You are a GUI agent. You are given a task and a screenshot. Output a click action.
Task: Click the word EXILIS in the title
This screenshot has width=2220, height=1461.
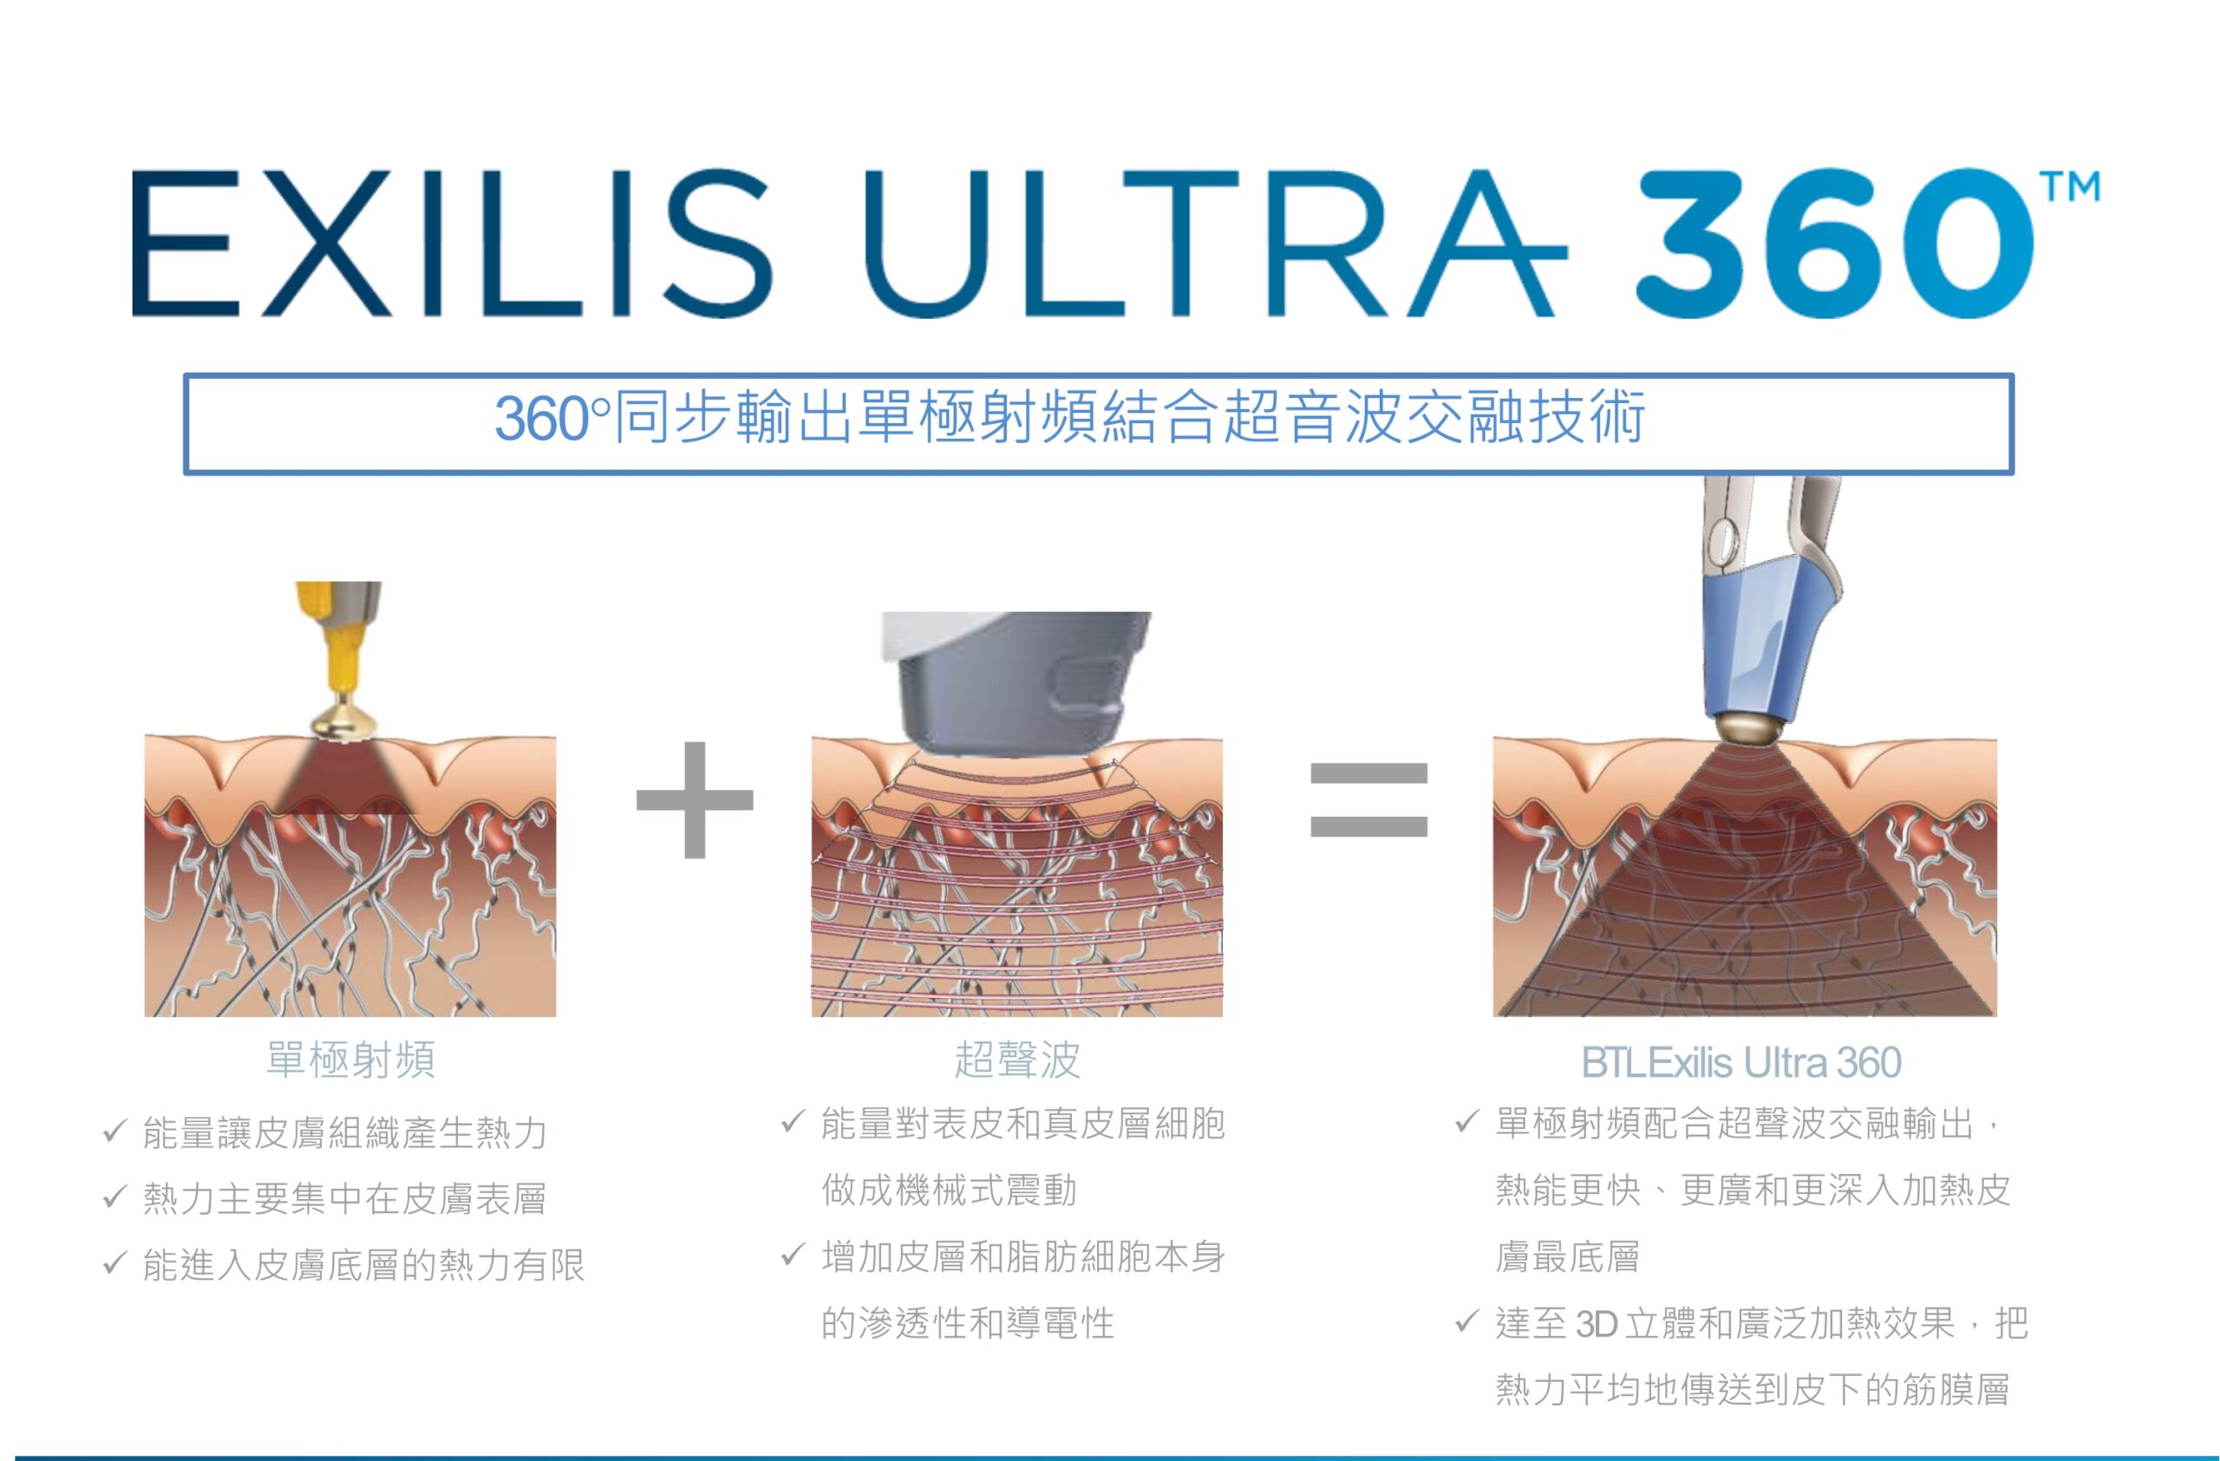point(453,245)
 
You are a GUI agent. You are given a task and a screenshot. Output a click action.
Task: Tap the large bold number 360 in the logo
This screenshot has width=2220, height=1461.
point(1834,245)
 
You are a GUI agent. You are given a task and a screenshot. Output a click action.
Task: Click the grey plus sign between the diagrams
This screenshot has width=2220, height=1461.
point(695,799)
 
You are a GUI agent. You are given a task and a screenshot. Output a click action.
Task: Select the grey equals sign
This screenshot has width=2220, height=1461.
point(1368,799)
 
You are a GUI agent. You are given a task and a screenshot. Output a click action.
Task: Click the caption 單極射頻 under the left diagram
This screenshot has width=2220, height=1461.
point(350,1060)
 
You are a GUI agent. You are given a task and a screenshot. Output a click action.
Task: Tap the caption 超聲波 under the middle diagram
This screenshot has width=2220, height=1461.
point(1016,1060)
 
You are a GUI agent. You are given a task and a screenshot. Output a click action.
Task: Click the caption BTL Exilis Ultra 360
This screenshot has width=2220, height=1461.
point(1740,1063)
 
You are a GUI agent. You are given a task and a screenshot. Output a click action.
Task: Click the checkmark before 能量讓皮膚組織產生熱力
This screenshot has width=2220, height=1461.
point(114,1131)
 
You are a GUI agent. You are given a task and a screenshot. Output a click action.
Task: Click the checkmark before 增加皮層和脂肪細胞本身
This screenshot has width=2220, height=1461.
point(792,1254)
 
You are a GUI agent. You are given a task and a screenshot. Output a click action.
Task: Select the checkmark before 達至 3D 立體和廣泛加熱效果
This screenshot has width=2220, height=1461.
point(1467,1321)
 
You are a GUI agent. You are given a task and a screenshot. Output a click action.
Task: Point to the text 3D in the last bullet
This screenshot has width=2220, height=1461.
point(1595,1324)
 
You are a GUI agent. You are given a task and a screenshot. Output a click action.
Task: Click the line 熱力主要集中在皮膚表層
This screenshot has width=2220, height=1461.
point(344,1199)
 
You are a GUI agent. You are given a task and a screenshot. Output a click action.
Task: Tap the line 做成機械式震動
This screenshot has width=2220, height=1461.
point(949,1190)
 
